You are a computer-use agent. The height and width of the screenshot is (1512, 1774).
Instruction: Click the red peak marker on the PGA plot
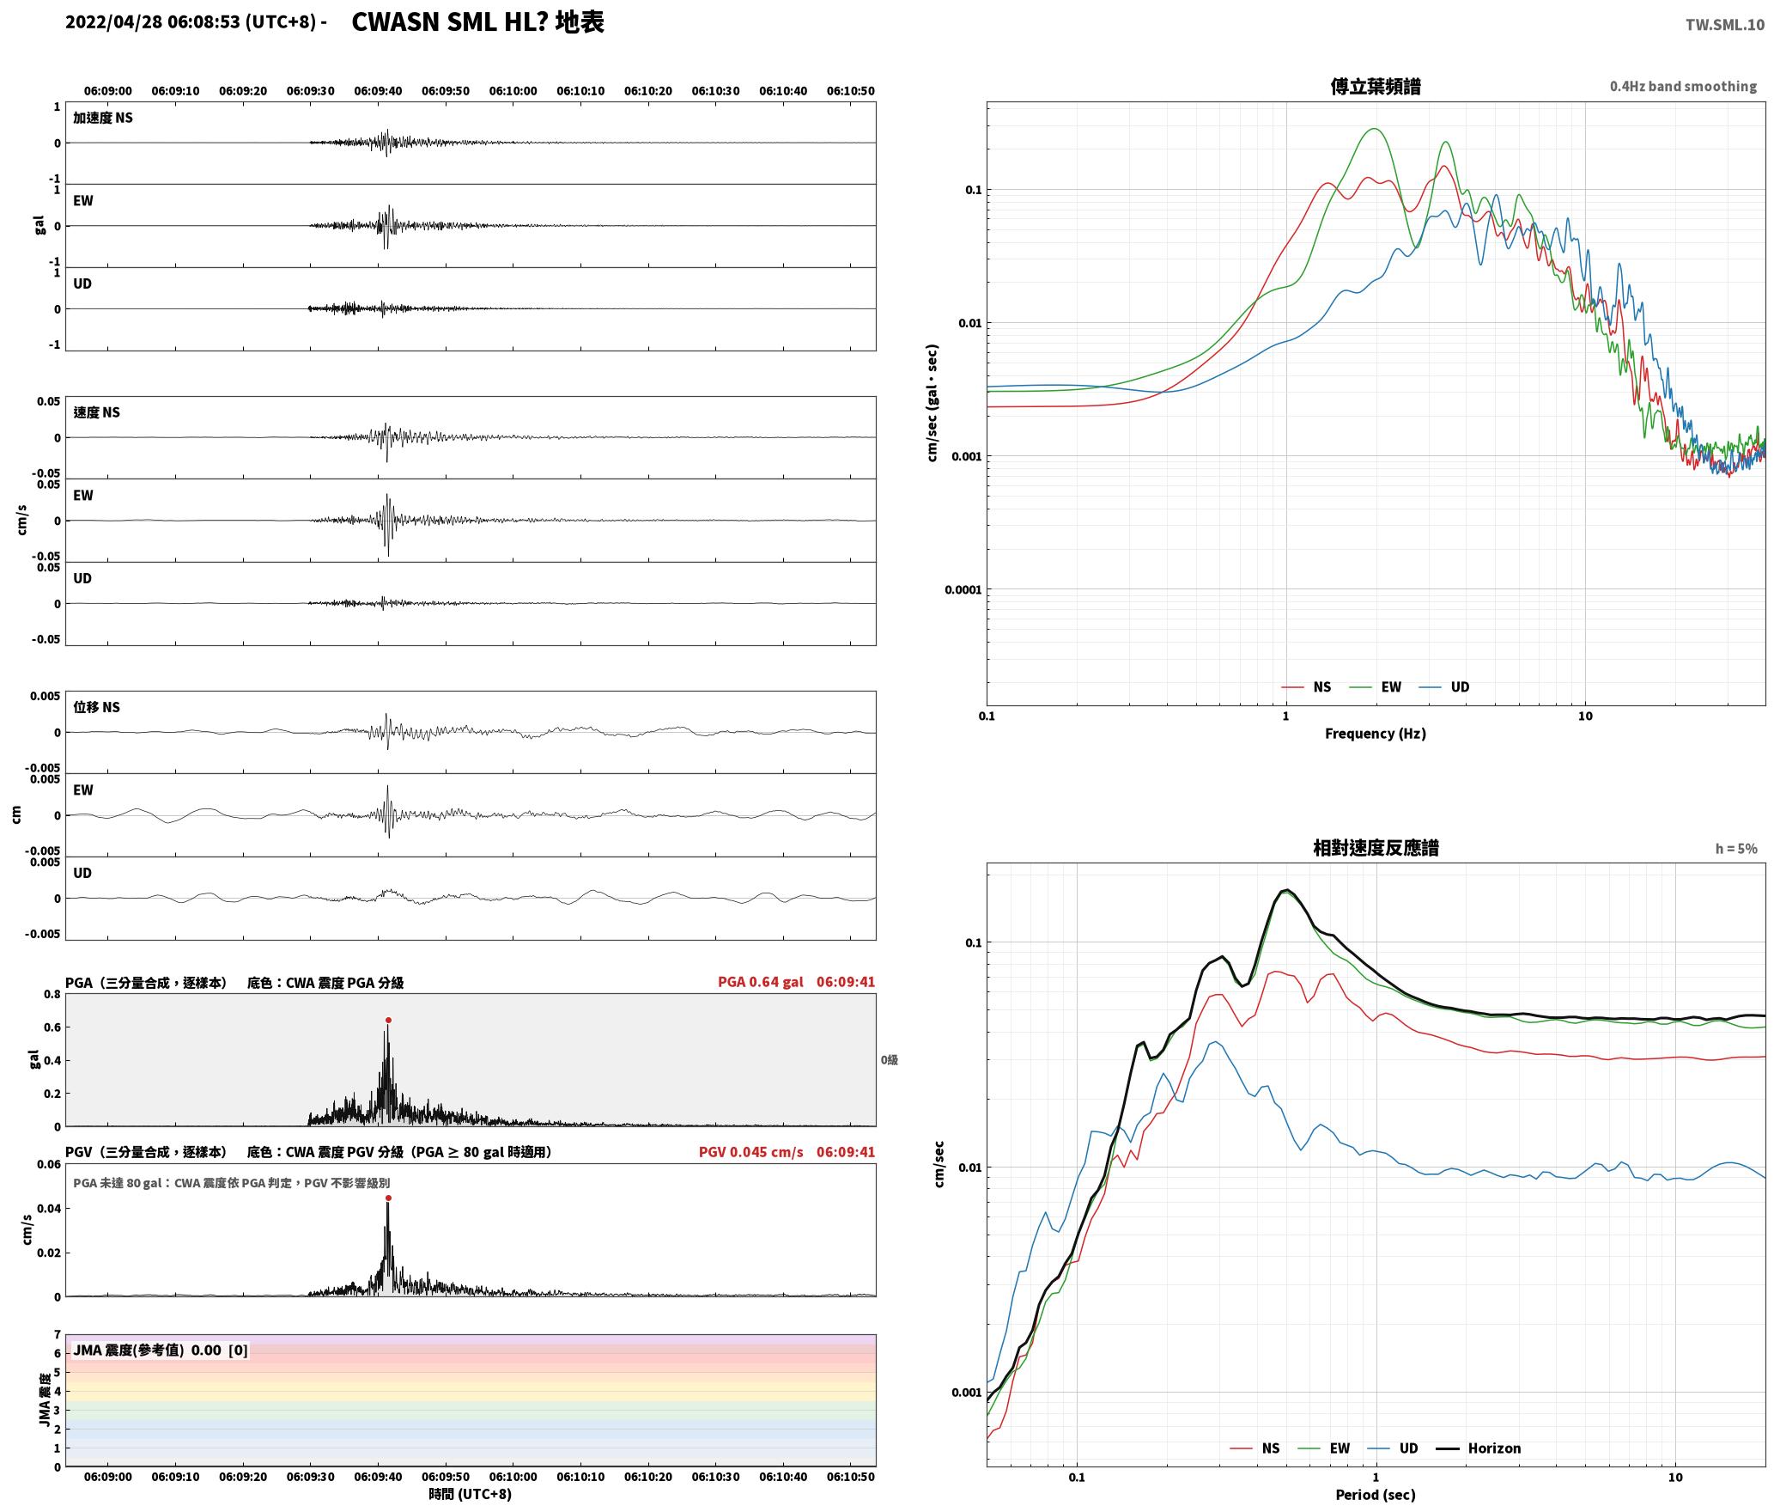[x=388, y=1021]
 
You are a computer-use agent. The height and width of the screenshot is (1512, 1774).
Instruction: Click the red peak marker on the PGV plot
[x=388, y=1198]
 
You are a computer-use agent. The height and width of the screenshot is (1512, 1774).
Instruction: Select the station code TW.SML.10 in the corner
[x=1724, y=24]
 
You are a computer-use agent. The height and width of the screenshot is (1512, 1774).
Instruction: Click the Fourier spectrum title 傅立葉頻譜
[x=1375, y=86]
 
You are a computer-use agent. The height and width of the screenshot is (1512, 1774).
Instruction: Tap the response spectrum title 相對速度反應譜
[x=1376, y=847]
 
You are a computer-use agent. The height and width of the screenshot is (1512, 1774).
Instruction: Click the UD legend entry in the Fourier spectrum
[x=1444, y=686]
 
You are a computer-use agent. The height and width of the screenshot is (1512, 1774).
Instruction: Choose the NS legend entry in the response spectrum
[x=1255, y=1448]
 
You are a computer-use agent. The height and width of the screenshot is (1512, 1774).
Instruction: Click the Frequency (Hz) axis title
[x=1375, y=733]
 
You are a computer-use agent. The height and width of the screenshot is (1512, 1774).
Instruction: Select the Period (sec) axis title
[x=1375, y=1495]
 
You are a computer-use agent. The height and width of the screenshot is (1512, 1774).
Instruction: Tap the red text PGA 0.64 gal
[x=760, y=982]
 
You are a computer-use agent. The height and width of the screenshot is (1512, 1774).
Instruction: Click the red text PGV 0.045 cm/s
[x=750, y=1152]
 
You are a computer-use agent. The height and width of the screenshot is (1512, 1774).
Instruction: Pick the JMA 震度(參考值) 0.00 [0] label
[x=161, y=1350]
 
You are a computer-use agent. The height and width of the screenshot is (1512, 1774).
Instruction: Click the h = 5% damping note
[x=1736, y=849]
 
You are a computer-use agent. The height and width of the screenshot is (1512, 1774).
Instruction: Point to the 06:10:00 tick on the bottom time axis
[x=513, y=1477]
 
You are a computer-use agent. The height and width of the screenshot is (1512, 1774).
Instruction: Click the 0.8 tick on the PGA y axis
[x=52, y=995]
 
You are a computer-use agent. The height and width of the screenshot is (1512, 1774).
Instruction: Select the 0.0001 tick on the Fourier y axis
[x=962, y=589]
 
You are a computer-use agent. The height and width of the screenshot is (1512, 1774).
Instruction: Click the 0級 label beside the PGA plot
[x=889, y=1060]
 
